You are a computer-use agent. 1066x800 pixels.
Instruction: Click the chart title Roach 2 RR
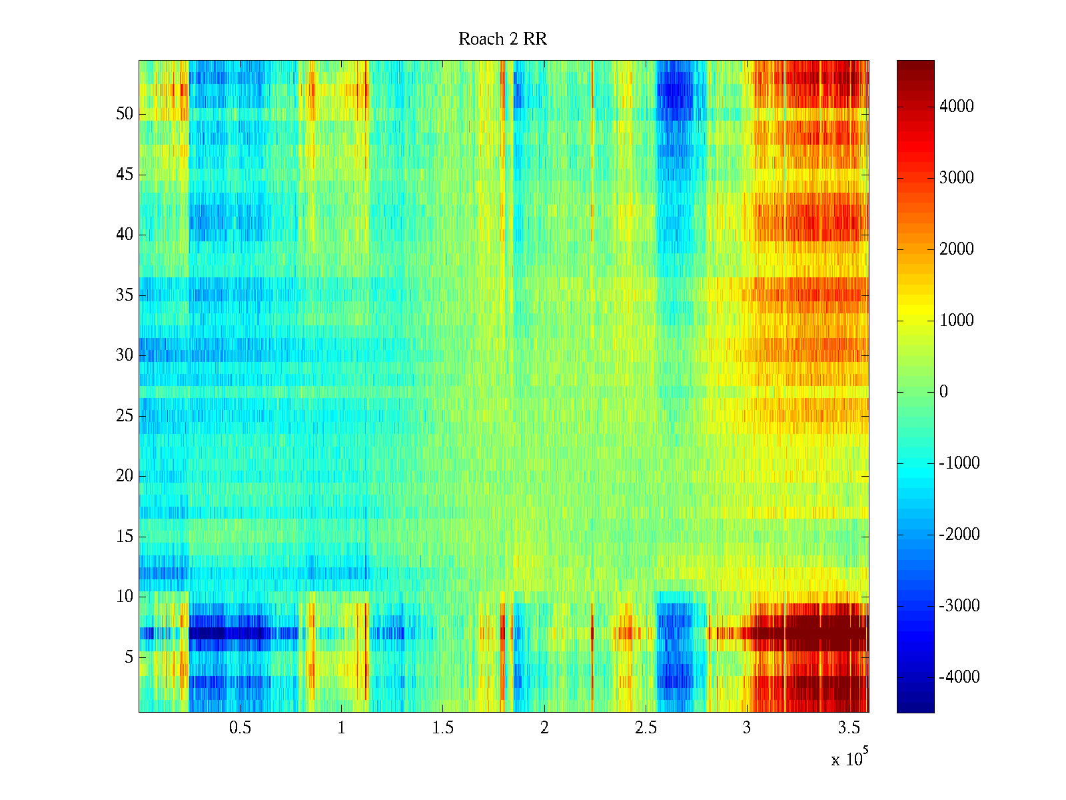click(502, 39)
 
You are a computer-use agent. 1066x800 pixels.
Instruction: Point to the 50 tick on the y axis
click(125, 114)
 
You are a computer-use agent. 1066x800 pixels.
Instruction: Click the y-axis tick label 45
click(125, 175)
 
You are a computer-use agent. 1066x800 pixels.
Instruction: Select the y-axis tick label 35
click(125, 295)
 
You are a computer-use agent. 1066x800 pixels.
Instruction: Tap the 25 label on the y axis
click(125, 416)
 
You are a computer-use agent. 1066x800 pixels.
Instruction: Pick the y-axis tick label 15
click(125, 537)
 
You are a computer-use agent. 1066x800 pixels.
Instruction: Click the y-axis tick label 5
click(129, 657)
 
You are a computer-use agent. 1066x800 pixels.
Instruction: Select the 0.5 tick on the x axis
click(240, 728)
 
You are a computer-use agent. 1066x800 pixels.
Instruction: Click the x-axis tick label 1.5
click(443, 728)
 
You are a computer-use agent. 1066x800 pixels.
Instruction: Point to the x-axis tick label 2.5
click(646, 728)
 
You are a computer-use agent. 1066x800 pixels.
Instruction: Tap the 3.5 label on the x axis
click(849, 728)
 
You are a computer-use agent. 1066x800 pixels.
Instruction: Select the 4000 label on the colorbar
click(957, 107)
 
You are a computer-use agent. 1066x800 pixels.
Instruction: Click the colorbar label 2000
click(957, 249)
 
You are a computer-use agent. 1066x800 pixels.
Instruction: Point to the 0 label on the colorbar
click(943, 392)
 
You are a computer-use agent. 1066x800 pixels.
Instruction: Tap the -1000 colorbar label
click(959, 463)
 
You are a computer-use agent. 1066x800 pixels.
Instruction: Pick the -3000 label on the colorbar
click(959, 606)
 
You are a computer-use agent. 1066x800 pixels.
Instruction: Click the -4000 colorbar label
click(959, 677)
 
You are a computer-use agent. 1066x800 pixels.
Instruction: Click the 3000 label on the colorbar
click(957, 178)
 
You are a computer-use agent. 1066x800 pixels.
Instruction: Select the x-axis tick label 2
click(544, 728)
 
